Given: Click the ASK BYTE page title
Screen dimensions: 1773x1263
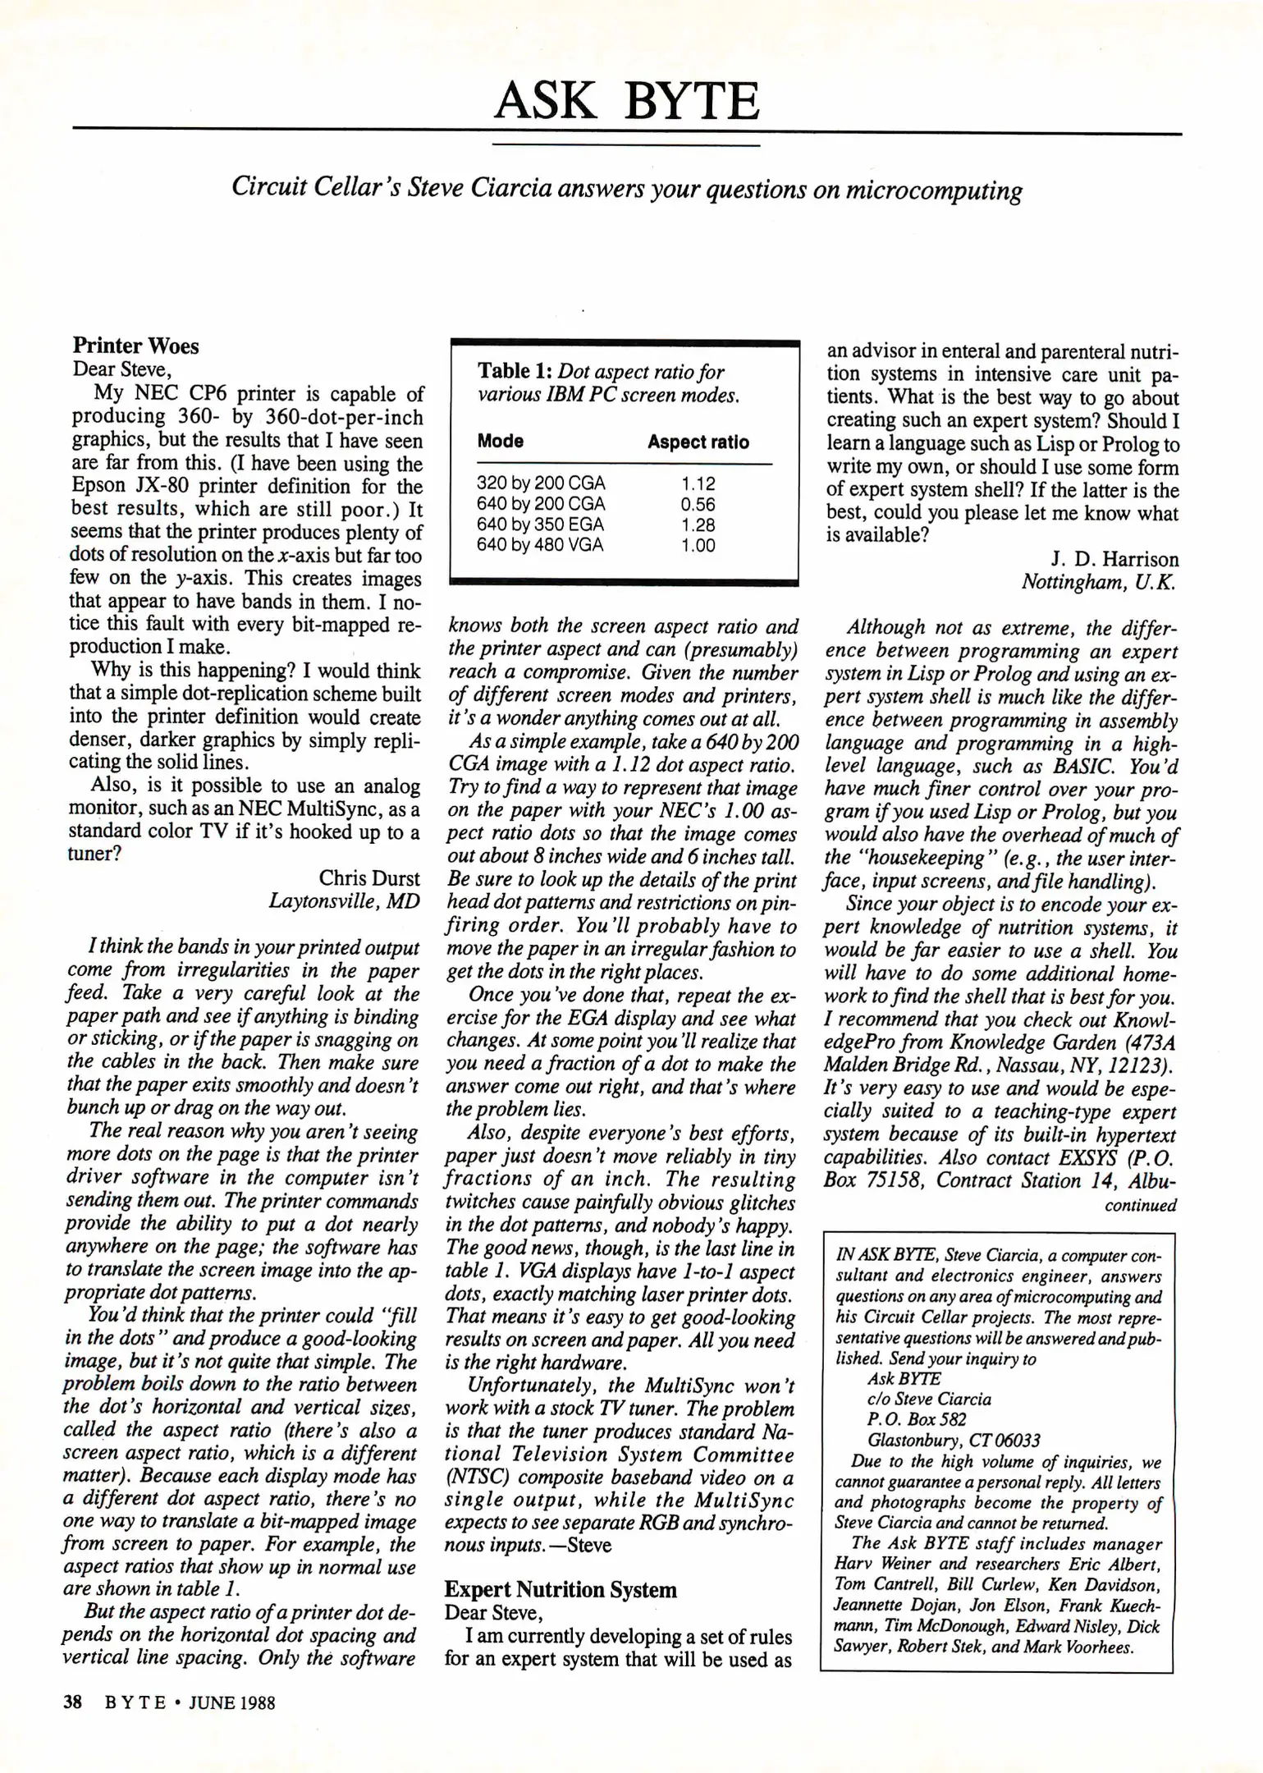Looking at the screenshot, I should [627, 102].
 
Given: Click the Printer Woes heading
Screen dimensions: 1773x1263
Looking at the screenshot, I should [136, 346].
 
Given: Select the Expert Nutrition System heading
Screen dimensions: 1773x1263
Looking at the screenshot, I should [561, 1590].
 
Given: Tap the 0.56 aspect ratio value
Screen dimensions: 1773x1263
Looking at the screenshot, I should [698, 504].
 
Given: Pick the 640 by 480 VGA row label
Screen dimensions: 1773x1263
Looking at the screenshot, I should [540, 545].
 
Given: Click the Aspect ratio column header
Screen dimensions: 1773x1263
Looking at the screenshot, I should [698, 442].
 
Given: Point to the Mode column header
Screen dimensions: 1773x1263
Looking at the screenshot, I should [501, 442].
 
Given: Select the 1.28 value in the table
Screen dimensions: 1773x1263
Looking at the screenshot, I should [698, 525].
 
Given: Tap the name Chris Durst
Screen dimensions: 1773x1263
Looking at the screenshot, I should [368, 877].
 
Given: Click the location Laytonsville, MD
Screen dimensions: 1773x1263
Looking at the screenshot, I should [344, 900].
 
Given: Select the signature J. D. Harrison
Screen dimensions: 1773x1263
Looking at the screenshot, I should [1114, 560].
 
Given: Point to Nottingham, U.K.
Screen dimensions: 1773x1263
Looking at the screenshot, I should [1099, 583].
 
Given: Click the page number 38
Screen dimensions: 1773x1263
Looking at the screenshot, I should [73, 1702].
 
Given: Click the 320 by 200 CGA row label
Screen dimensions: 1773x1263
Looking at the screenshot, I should [540, 483].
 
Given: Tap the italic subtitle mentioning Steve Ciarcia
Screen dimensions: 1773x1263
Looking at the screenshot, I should [627, 189].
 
